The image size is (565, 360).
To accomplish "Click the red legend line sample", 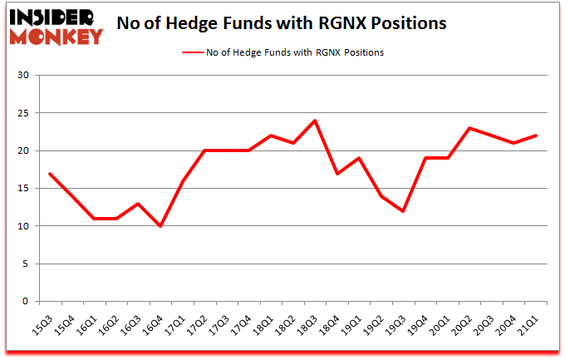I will coord(194,52).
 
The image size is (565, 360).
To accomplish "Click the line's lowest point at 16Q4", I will coord(160,226).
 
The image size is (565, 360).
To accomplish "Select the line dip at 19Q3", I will coord(403,211).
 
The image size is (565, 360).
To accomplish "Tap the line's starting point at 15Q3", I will coord(51,174).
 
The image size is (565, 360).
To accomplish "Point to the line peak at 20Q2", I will coord(469,128).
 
